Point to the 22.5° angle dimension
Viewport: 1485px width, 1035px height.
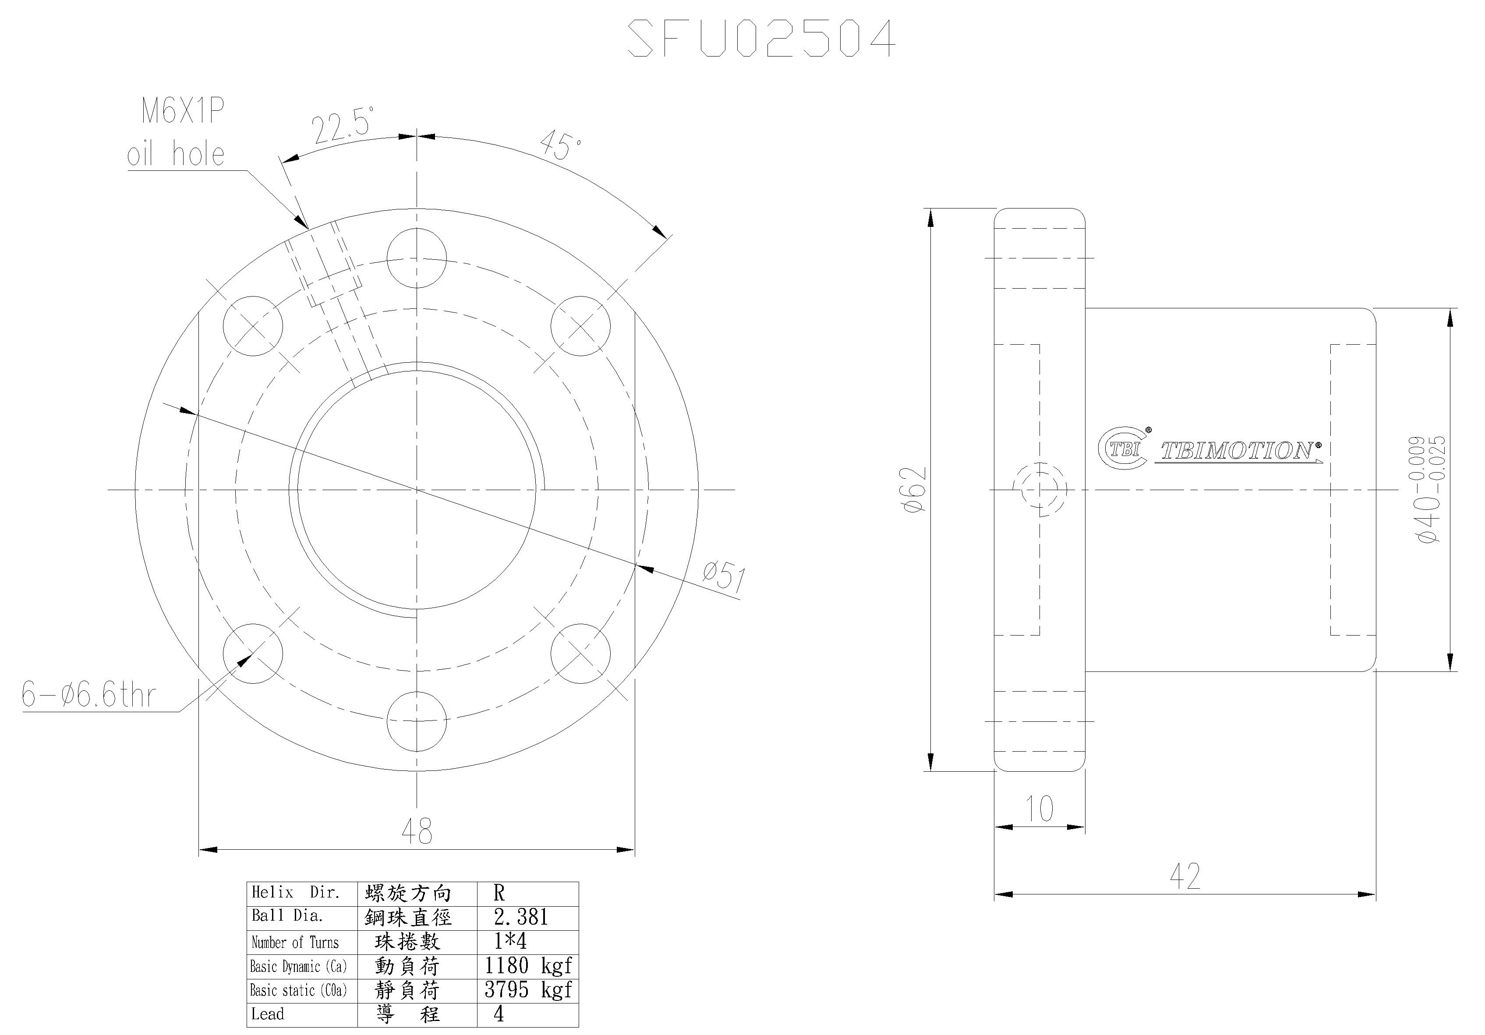[343, 128]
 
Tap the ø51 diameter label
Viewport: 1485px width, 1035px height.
[725, 576]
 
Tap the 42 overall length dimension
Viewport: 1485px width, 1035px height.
[1185, 876]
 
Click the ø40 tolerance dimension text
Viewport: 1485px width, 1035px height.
[1429, 489]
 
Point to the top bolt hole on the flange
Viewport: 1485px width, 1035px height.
[417, 258]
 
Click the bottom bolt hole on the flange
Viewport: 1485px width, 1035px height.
[417, 721]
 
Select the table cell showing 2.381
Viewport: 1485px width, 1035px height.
[521, 917]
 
